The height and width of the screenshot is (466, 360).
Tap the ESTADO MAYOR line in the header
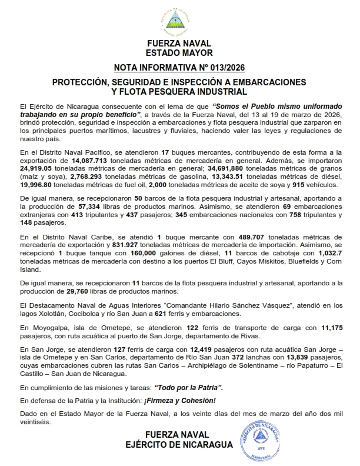[179, 52]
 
